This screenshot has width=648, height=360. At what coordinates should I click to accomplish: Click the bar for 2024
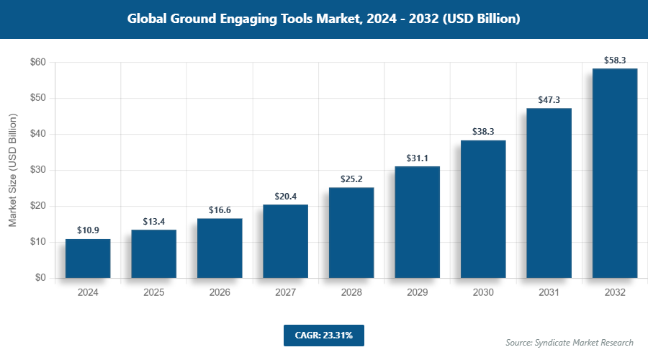tap(88, 258)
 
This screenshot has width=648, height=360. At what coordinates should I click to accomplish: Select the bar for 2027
tap(285, 241)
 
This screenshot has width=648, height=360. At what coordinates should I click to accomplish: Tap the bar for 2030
tap(483, 209)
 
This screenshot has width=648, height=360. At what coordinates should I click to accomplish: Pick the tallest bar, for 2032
tap(615, 173)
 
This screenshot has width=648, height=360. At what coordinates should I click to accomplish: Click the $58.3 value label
tap(615, 60)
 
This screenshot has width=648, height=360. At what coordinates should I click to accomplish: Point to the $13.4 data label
tap(153, 221)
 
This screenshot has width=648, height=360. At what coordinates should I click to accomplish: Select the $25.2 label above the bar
tap(351, 179)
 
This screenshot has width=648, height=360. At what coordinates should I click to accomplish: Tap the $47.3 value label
tap(549, 99)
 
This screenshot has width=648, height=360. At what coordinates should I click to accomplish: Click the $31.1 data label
tap(417, 158)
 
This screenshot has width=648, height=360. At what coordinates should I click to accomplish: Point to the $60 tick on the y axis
tap(37, 63)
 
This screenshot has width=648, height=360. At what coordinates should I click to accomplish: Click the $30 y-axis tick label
tap(37, 171)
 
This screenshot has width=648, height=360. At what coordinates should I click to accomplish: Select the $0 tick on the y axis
tap(40, 278)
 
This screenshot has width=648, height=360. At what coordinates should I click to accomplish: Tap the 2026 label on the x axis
tap(220, 293)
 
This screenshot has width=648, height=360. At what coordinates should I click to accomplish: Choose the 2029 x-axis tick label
tap(417, 293)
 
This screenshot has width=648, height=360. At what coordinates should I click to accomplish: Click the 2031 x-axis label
tap(549, 293)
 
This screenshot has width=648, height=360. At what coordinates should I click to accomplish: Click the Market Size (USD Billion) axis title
tap(13, 170)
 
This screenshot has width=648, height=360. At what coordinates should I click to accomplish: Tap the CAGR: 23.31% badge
tap(324, 335)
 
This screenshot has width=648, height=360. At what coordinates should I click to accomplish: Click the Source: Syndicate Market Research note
tap(570, 342)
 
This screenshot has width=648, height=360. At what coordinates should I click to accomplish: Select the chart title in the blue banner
tap(324, 19)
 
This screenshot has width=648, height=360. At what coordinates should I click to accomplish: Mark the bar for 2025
tap(153, 254)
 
